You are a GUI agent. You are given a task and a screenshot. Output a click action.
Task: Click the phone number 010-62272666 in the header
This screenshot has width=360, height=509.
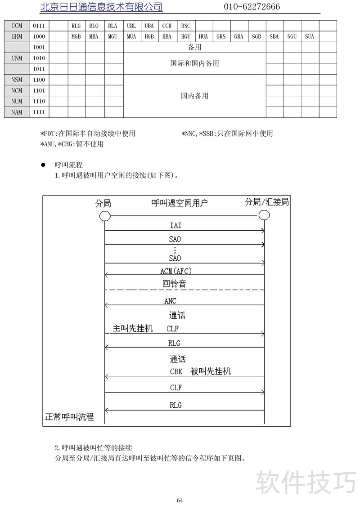(x=252, y=6)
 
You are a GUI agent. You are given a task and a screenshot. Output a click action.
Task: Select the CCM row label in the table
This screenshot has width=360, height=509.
(x=17, y=26)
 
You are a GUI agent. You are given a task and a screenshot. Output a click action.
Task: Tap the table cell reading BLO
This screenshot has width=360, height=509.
(x=94, y=26)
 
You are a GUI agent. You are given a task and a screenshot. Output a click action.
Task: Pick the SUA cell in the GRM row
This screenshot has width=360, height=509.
(x=309, y=37)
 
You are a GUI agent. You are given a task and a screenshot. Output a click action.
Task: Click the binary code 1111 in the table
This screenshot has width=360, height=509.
(x=39, y=112)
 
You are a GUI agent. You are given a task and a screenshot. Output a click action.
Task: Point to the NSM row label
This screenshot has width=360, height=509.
(x=17, y=80)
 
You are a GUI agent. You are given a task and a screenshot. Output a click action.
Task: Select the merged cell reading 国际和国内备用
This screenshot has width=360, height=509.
(x=194, y=63)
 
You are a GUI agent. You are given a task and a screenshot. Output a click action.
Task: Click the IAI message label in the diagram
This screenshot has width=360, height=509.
(x=175, y=225)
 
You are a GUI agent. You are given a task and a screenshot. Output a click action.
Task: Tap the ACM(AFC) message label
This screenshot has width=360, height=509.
(x=179, y=271)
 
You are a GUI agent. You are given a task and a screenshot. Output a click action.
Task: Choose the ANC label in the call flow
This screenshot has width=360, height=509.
(x=171, y=301)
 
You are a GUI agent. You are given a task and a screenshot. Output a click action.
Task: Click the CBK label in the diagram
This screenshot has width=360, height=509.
(x=176, y=372)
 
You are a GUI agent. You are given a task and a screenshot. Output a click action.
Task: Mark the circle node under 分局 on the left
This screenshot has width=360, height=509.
(x=105, y=216)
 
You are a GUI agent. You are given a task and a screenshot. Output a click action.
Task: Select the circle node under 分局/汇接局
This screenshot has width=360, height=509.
(x=264, y=215)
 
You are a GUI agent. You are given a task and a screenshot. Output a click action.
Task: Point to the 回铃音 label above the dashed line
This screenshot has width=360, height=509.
(x=174, y=284)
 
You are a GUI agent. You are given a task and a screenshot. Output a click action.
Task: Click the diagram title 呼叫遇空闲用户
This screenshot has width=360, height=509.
(x=179, y=203)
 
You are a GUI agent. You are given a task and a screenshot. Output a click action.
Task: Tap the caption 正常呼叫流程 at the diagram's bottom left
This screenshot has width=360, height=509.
(x=69, y=417)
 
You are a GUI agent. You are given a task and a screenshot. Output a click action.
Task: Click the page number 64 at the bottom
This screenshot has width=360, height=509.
(x=180, y=500)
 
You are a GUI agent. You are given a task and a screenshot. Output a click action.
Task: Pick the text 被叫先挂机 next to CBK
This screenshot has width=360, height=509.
(x=211, y=371)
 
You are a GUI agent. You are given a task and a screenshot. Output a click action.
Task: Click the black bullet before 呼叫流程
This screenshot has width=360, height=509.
(x=43, y=165)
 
